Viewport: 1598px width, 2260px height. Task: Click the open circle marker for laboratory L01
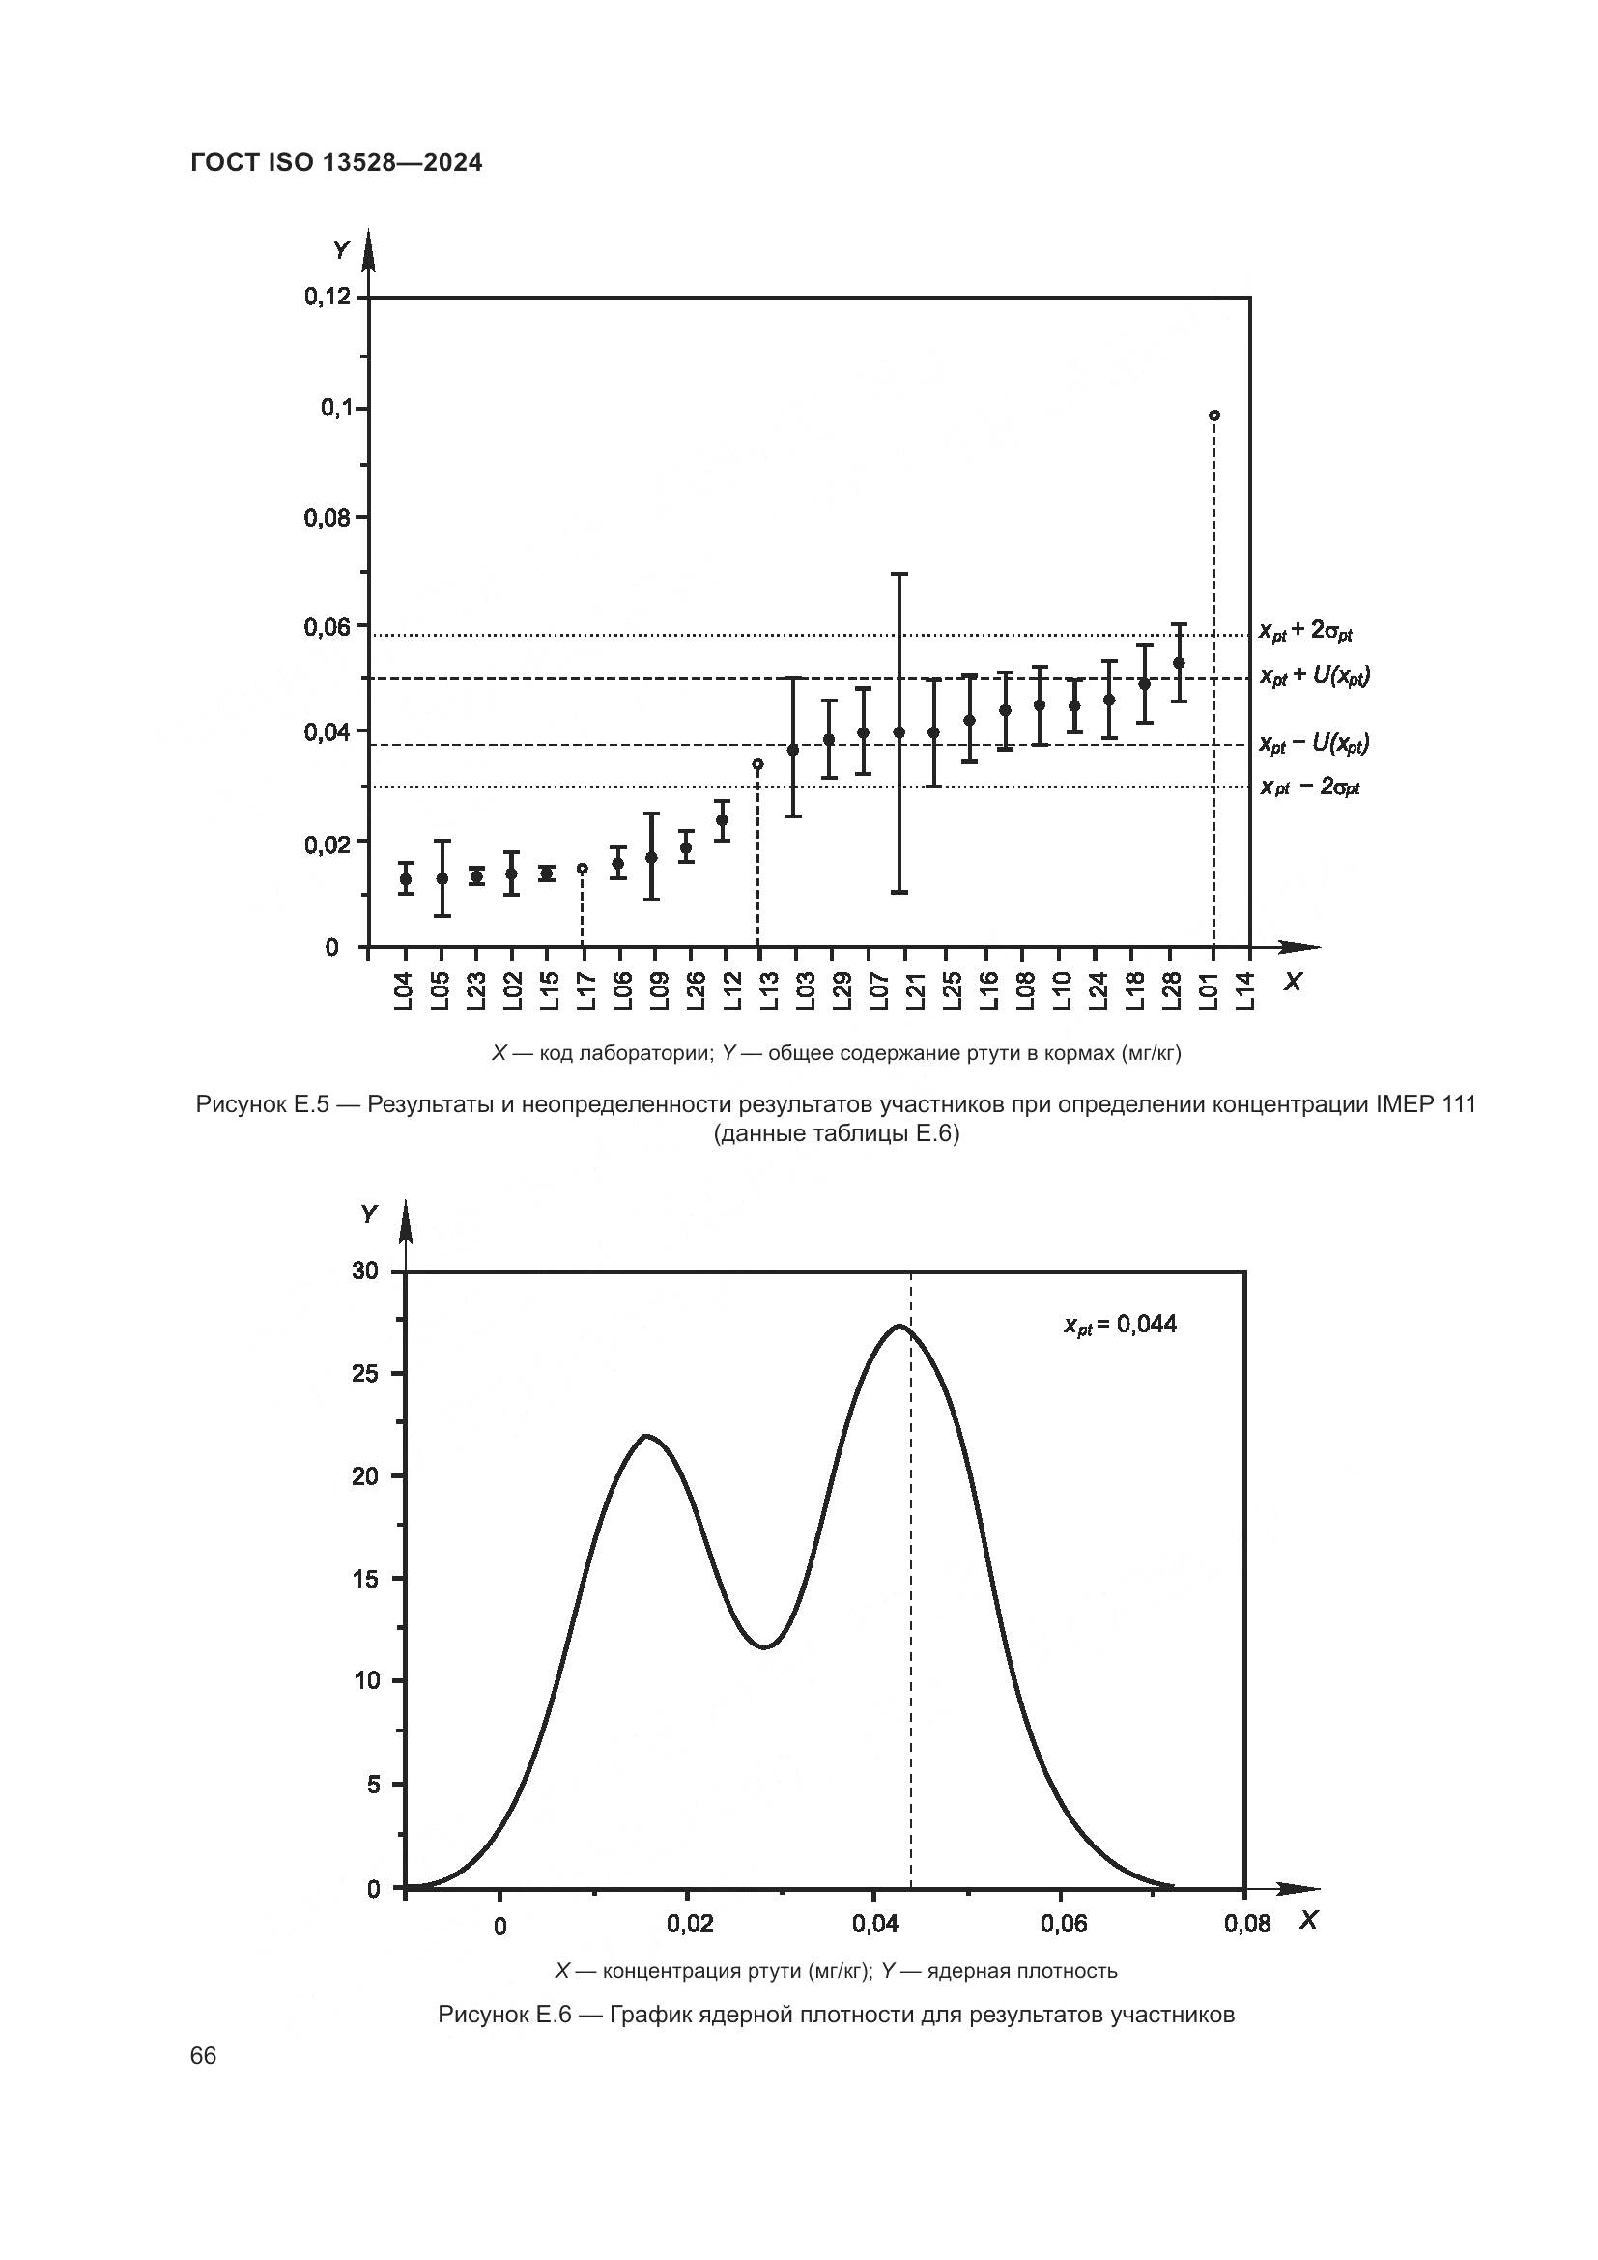1214,415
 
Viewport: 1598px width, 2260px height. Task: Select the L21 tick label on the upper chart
916,989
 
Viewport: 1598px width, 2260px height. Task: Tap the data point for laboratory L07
863,732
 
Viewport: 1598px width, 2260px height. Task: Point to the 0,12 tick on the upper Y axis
328,297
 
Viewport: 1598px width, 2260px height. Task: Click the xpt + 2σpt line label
1306,632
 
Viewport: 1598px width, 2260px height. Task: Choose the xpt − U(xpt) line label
1314,744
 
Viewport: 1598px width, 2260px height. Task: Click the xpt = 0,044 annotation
1120,1325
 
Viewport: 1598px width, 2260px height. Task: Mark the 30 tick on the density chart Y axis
365,1271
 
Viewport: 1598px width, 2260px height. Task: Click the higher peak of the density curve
899,1326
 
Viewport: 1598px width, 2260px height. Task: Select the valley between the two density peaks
765,1645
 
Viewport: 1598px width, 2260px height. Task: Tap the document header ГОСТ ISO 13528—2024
336,163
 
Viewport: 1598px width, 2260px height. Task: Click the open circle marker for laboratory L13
757,764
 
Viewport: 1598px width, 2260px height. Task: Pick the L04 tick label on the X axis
405,989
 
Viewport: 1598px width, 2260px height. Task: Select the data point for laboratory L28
1179,663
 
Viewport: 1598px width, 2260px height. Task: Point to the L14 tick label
1246,989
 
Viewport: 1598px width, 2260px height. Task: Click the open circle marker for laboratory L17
583,869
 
